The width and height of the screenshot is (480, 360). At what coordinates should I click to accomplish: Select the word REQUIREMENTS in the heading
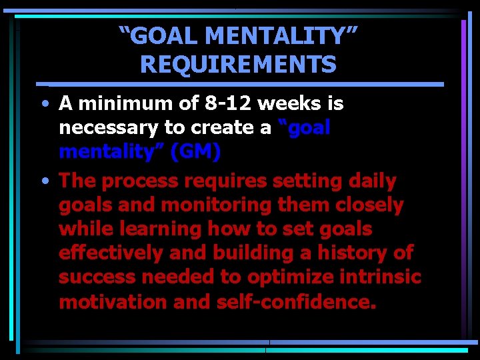click(238, 65)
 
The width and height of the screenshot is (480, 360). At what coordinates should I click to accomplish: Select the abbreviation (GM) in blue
click(195, 152)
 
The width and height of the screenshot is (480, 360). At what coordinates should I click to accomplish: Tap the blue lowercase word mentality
click(111, 152)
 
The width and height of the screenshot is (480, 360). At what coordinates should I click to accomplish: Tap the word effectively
click(111, 253)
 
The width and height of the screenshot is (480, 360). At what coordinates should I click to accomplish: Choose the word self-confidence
click(297, 302)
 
